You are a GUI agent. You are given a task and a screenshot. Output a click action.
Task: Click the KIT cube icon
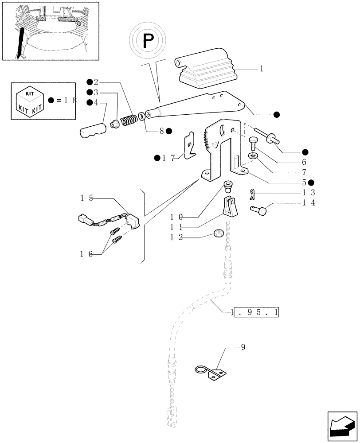pyautogui.click(x=30, y=101)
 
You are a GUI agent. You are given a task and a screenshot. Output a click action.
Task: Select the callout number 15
pyautogui.click(x=86, y=198)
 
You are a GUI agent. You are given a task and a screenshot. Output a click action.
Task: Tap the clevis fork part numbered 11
pyautogui.click(x=230, y=207)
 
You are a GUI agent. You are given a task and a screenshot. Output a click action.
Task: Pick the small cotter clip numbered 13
pyautogui.click(x=252, y=193)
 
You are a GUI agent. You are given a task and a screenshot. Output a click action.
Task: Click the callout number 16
pyautogui.click(x=86, y=253)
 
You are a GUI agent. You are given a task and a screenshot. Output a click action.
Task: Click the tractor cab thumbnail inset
pyautogui.click(x=50, y=31)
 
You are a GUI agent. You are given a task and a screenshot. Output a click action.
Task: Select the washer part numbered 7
pyautogui.click(x=253, y=156)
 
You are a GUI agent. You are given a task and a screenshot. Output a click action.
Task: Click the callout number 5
pyautogui.click(x=304, y=182)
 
